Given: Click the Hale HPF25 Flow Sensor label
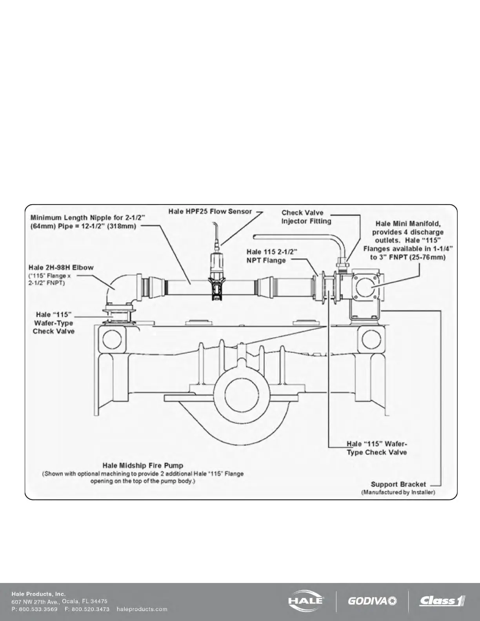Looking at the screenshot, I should pyautogui.click(x=210, y=211).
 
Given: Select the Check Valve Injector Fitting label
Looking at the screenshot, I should pyautogui.click(x=306, y=217).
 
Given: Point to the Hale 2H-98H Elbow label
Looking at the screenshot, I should pyautogui.click(x=61, y=267).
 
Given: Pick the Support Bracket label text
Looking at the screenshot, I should pyautogui.click(x=398, y=484).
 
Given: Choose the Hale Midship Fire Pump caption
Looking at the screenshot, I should pyautogui.click(x=143, y=466).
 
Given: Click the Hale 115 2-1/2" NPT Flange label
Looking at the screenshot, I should pyautogui.click(x=271, y=256).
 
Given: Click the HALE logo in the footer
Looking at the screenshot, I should pyautogui.click(x=306, y=601).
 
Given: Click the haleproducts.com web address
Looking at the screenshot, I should pyautogui.click(x=142, y=609).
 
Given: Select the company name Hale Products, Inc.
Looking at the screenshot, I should pyautogui.click(x=38, y=594).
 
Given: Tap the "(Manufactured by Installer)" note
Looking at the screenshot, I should pyautogui.click(x=398, y=492).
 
